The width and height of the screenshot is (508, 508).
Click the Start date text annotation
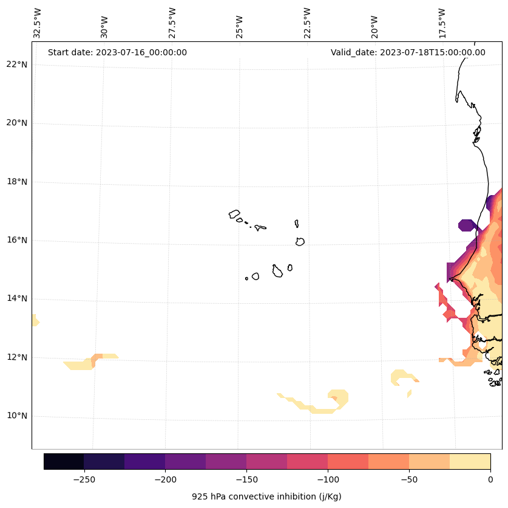(x=117, y=52)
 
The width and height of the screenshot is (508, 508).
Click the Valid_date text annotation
(x=408, y=52)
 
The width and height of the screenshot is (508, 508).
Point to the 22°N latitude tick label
(x=16, y=64)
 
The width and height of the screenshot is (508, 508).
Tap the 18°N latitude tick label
(x=16, y=182)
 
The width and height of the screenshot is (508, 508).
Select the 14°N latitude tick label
(x=16, y=298)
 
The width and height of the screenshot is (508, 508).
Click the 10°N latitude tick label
(x=16, y=416)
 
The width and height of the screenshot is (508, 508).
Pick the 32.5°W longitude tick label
(x=38, y=23)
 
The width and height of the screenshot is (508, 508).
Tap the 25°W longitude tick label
(x=240, y=27)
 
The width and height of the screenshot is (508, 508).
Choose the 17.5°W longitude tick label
(x=442, y=23)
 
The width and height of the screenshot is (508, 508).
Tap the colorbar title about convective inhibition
(x=266, y=496)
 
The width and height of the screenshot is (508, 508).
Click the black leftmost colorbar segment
(x=64, y=461)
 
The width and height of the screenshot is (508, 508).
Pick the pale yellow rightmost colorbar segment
(x=470, y=461)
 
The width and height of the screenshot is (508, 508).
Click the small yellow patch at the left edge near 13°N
(x=35, y=320)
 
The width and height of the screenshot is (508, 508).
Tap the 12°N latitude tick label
(x=16, y=357)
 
